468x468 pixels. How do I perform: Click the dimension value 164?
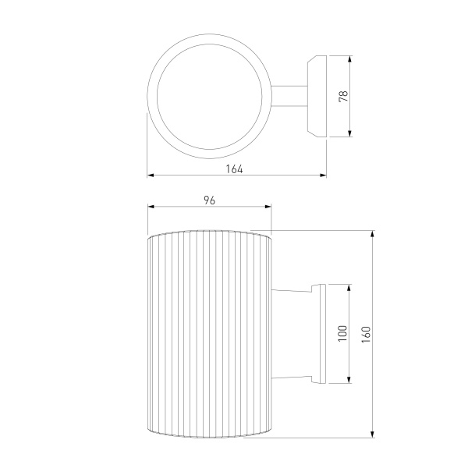coord(234,169)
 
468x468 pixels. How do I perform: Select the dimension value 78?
coord(343,96)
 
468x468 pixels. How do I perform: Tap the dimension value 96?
coord(210,200)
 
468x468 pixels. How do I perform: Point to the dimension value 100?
coord(343,333)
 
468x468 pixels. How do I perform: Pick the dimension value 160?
coord(366,335)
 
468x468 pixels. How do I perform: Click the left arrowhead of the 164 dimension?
coord(151,175)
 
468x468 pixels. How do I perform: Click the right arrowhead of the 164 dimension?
coord(323,175)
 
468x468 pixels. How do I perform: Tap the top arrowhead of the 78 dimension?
coord(350,58)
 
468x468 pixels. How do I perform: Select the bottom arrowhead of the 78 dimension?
coord(350,133)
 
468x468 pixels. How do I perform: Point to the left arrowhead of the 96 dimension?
coord(151,207)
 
